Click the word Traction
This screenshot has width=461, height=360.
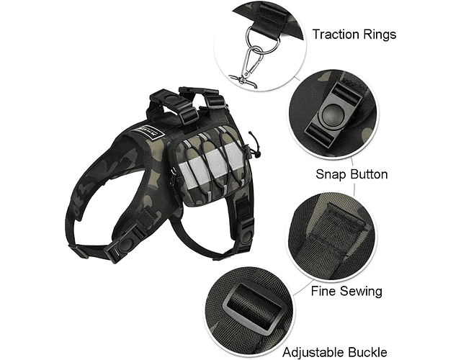[x=336, y=34]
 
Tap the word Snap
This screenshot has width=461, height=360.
[x=329, y=174]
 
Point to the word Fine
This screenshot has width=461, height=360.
[x=323, y=291]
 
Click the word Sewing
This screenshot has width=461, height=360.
[x=361, y=292]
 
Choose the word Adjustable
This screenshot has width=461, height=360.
[x=313, y=352]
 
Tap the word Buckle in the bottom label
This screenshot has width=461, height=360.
[x=367, y=351]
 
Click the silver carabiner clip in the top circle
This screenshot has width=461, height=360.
[x=247, y=67]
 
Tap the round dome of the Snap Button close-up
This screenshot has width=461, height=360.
[x=333, y=114]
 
